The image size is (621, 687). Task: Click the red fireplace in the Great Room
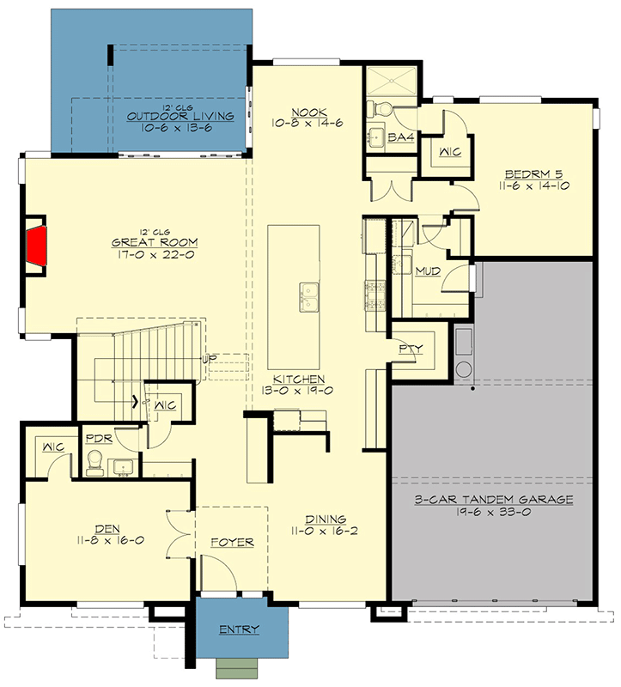(35, 247)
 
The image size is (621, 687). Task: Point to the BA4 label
(398, 137)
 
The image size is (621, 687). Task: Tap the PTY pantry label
(409, 349)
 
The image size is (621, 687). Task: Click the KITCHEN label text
(299, 379)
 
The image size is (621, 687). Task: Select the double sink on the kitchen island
(308, 297)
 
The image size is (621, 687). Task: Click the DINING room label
(326, 519)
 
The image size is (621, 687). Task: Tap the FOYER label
(233, 543)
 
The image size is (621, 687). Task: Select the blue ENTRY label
(239, 630)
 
